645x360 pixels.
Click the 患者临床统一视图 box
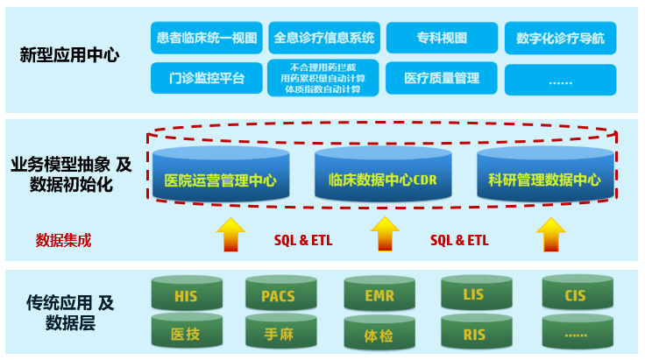206,38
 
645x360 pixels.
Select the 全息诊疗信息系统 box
323,38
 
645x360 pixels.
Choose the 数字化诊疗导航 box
561,38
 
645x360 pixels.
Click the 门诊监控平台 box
206,79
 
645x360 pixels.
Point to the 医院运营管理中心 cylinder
220,180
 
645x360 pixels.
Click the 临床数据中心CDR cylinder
382,180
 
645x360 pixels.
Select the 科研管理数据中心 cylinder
544,180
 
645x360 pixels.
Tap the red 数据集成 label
63,239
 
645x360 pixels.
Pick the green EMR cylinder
379,295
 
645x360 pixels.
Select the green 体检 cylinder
379,333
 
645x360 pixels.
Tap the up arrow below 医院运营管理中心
231,234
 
